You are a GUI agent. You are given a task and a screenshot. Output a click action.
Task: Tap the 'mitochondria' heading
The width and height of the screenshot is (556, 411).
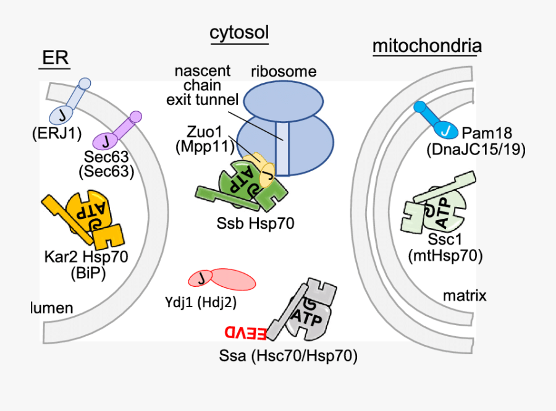click(427, 46)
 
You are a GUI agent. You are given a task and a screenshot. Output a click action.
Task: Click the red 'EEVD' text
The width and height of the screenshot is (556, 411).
click(245, 333)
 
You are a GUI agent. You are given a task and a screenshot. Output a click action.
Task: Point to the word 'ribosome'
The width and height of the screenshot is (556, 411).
click(284, 71)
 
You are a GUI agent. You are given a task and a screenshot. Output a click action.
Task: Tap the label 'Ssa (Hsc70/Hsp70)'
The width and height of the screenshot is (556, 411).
click(289, 356)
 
